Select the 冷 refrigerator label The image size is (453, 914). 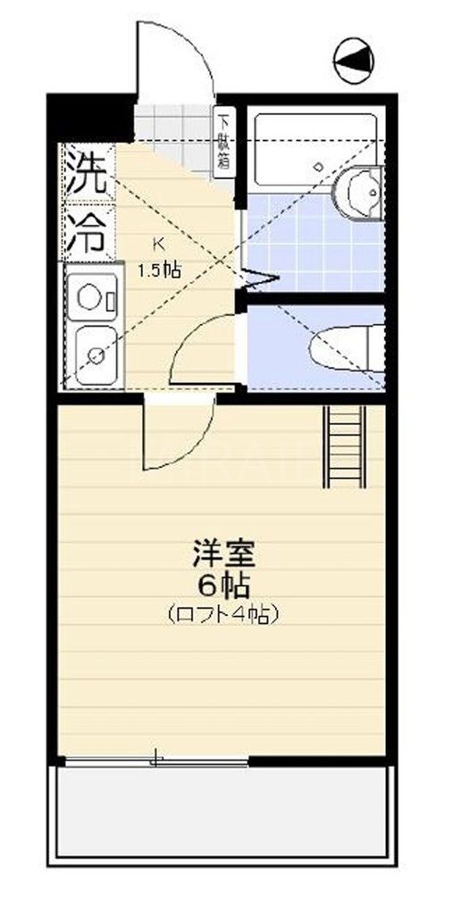pyautogui.click(x=88, y=231)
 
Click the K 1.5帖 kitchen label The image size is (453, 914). pyautogui.click(x=159, y=260)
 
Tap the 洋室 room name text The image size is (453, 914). pyautogui.click(x=224, y=555)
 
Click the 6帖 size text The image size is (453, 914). pyautogui.click(x=224, y=586)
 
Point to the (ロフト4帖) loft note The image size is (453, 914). pyautogui.click(x=223, y=615)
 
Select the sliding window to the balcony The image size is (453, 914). pyautogui.click(x=156, y=760)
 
